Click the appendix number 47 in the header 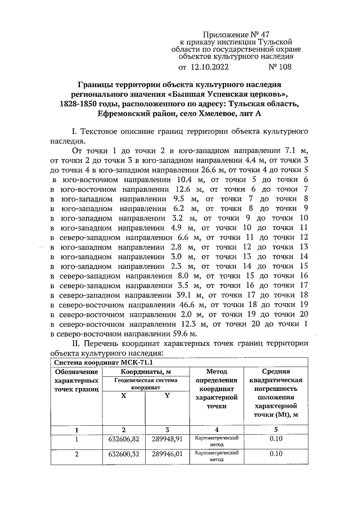coord(271,34)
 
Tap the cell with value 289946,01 coord(166,453)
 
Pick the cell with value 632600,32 coord(123,453)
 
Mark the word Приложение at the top coord(228,34)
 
